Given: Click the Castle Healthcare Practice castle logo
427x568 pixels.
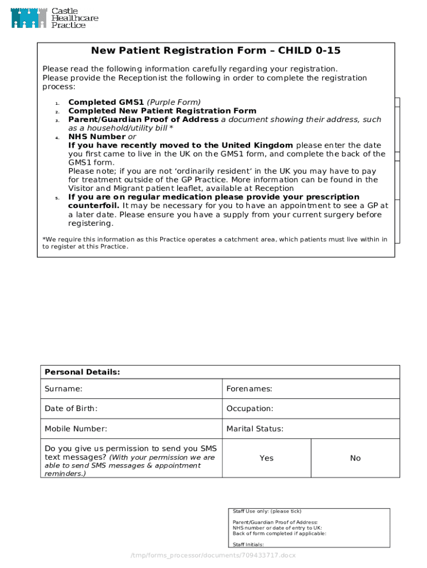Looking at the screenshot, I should (28, 18).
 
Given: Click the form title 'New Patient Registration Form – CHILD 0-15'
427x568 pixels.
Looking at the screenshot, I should (216, 51).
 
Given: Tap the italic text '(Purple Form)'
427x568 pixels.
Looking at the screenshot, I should (174, 102).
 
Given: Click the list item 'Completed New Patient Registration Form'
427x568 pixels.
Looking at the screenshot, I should (162, 111).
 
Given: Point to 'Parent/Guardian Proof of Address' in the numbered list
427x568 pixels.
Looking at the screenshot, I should (143, 120).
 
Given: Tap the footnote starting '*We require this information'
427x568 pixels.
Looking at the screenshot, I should (215, 243).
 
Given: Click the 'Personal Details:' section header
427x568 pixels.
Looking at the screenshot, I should (82, 372).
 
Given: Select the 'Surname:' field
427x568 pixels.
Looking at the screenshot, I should (131, 389).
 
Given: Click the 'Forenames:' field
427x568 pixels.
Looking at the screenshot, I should (311, 389).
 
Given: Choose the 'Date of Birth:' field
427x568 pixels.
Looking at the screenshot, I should (131, 409).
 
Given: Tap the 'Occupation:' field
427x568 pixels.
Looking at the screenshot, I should (311, 409).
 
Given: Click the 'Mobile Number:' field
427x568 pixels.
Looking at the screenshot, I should (131, 429).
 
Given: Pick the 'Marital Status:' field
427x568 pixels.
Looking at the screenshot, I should (311, 429).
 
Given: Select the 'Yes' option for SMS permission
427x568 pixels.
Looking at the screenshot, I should (267, 458).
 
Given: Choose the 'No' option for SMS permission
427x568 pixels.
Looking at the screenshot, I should (355, 458).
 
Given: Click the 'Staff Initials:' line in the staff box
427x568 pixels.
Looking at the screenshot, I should (248, 545).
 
